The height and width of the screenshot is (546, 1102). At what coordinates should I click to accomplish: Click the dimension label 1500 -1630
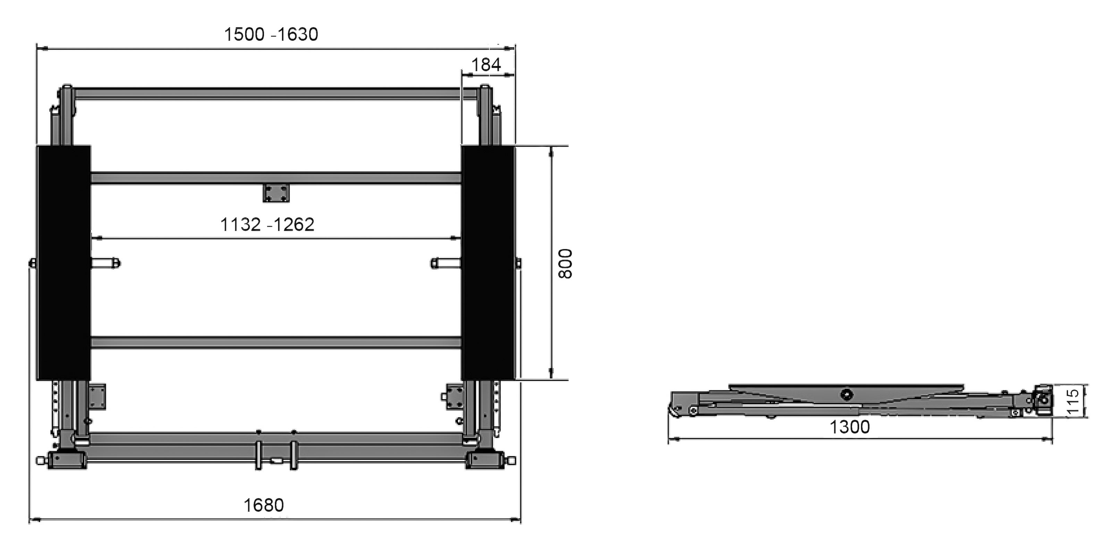coord(271,35)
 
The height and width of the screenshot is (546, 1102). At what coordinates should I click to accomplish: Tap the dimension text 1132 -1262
coord(268,225)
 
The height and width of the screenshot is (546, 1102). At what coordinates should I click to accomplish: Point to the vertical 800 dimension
coord(565,263)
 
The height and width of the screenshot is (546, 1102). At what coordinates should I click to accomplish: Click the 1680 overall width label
coord(263,505)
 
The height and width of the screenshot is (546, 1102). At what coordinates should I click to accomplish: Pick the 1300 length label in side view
coord(850,427)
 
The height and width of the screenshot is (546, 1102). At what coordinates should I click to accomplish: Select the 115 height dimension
coord(1073,401)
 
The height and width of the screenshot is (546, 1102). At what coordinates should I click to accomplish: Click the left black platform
coord(63,263)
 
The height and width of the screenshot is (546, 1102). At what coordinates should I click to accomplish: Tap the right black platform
coord(488,263)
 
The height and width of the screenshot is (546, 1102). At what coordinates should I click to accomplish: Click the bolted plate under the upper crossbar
coord(276,193)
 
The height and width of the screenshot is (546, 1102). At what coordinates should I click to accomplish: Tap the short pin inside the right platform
coord(445,263)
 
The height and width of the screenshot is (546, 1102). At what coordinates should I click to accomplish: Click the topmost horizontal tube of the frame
coord(276,94)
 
